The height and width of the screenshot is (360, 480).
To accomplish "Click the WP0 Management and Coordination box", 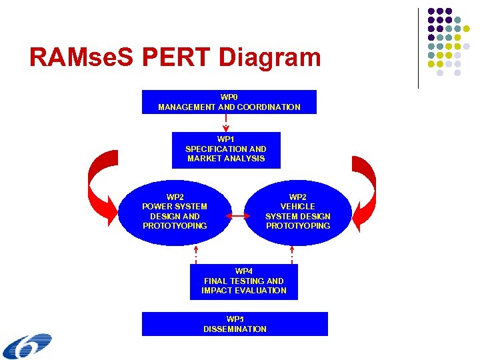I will pyautogui.click(x=229, y=102).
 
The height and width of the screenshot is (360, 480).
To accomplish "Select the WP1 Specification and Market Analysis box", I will pyautogui.click(x=226, y=149).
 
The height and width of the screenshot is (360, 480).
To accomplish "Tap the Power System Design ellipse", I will pyautogui.click(x=175, y=211).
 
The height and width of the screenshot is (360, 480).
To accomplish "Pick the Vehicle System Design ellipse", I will pyautogui.click(x=298, y=211).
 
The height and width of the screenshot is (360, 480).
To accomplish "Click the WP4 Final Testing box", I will pyautogui.click(x=243, y=281).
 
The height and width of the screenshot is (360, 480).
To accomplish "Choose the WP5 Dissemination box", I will pyautogui.click(x=235, y=324).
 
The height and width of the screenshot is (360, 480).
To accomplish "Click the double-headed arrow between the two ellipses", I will pyautogui.click(x=237, y=216).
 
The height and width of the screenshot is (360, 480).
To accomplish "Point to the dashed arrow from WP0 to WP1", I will pyautogui.click(x=226, y=123).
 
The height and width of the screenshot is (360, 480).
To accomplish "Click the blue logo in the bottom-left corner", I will pyautogui.click(x=27, y=346).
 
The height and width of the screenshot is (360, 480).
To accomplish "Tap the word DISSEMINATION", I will pyautogui.click(x=235, y=329).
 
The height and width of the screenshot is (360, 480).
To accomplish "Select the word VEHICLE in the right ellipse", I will pyautogui.click(x=298, y=207).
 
